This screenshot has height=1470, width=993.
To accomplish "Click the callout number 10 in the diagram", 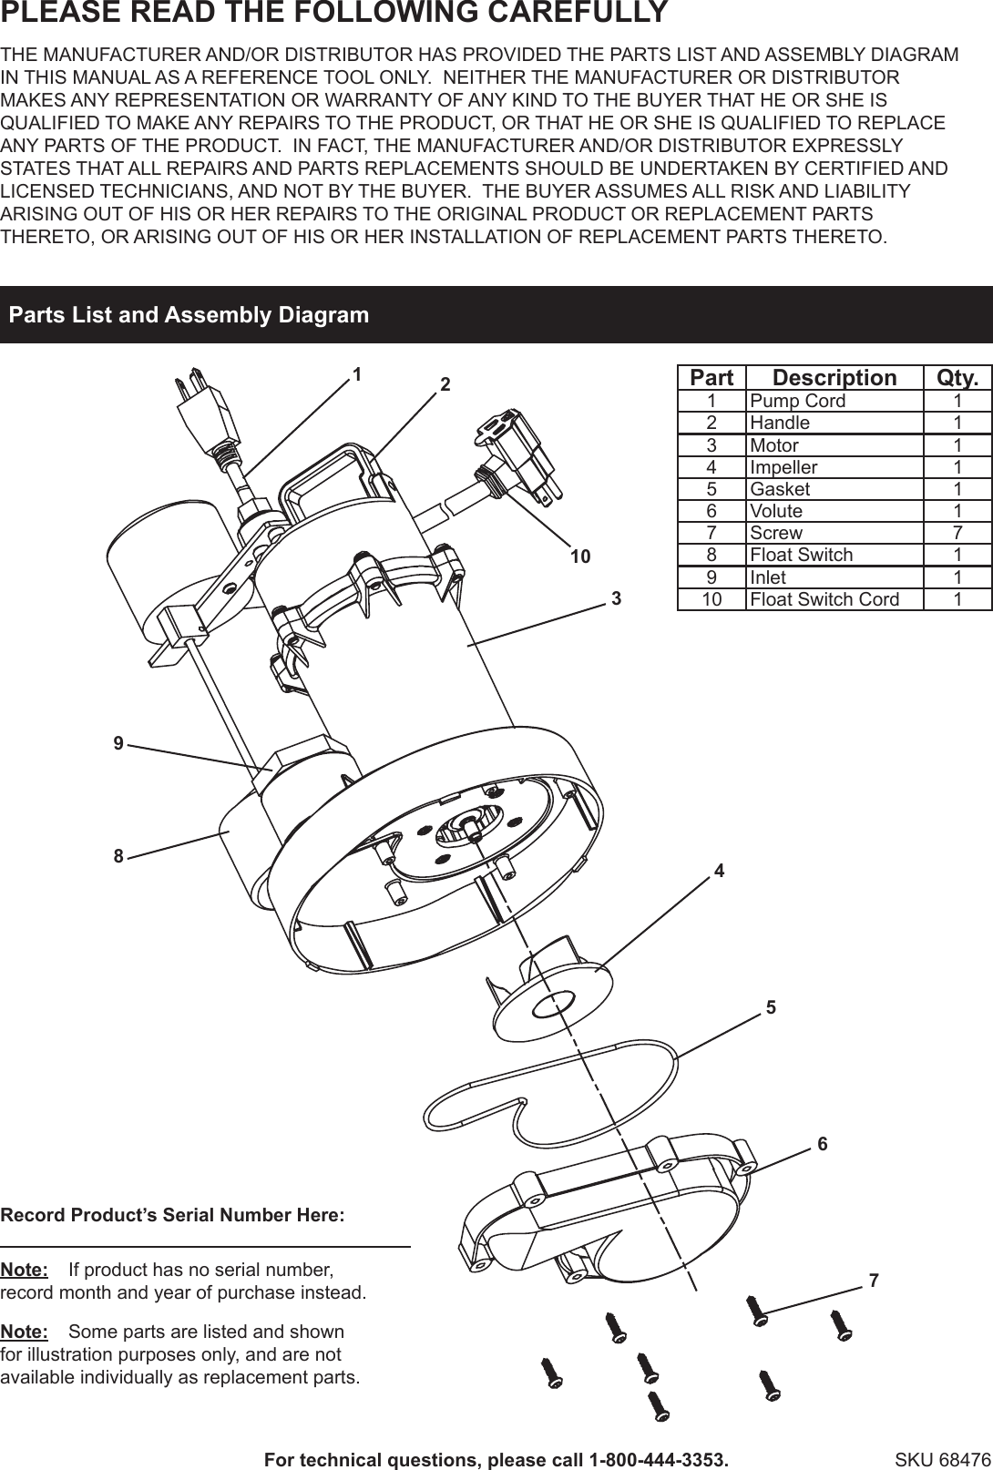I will tap(580, 556).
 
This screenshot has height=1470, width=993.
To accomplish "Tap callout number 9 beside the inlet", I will tap(118, 744).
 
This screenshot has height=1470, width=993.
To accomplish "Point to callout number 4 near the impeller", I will tap(719, 871).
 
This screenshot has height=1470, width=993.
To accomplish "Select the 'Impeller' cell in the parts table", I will tap(783, 467).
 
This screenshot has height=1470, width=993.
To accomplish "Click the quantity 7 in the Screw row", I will tap(957, 533).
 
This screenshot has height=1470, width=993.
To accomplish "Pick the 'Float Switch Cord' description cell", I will tap(824, 599).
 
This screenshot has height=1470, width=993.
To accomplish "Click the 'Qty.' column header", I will tap(957, 378).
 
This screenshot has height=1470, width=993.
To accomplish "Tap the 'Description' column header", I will tap(834, 378).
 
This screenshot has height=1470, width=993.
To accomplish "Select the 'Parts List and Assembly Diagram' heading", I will tap(189, 315).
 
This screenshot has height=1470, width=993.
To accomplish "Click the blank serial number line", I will tap(205, 1244).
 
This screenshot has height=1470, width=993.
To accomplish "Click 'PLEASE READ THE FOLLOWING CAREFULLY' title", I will tap(334, 14).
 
